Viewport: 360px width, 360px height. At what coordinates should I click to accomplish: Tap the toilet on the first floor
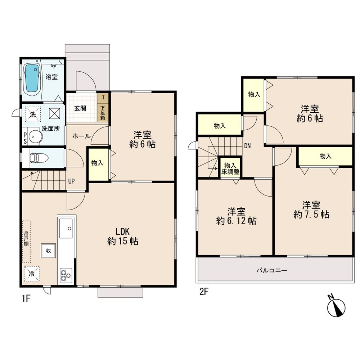35,158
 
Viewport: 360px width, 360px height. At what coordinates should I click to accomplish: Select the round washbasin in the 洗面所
35,136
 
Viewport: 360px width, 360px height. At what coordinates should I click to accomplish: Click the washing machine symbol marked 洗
32,114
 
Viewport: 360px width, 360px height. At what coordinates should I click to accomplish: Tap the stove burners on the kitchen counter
66,275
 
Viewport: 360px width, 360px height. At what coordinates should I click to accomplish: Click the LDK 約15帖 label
122,236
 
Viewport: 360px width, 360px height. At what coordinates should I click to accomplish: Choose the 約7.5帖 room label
311,210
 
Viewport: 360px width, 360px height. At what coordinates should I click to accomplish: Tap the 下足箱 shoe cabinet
103,112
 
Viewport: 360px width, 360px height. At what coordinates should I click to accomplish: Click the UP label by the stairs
72,181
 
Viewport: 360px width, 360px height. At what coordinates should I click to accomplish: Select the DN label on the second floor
247,146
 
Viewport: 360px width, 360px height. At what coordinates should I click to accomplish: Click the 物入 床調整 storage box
230,168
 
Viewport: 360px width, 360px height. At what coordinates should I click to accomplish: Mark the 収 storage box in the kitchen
48,250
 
